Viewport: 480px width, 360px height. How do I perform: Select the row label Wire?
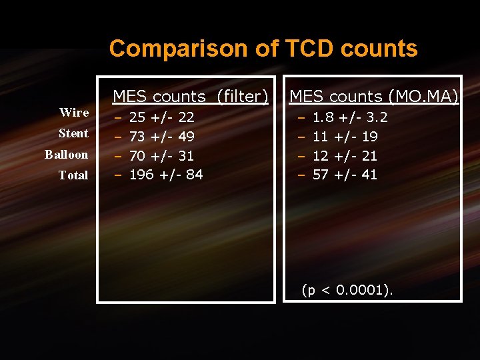[x=74, y=112]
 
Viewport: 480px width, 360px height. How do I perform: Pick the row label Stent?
[x=73, y=133]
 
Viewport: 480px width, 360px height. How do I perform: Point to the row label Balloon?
[x=66, y=155]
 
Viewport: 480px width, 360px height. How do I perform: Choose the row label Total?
[x=73, y=175]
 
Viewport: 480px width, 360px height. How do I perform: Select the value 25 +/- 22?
[x=161, y=118]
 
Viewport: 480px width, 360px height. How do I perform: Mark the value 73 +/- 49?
[x=161, y=137]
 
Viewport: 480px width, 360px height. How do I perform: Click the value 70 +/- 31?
[x=161, y=156]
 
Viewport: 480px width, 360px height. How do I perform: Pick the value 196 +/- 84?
[x=166, y=175]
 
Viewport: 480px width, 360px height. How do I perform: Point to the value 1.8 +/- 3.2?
[x=350, y=118]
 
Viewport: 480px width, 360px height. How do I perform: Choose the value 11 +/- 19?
[x=345, y=137]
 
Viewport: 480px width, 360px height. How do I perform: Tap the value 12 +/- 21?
[x=345, y=156]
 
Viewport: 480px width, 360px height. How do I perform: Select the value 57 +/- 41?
[x=345, y=175]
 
